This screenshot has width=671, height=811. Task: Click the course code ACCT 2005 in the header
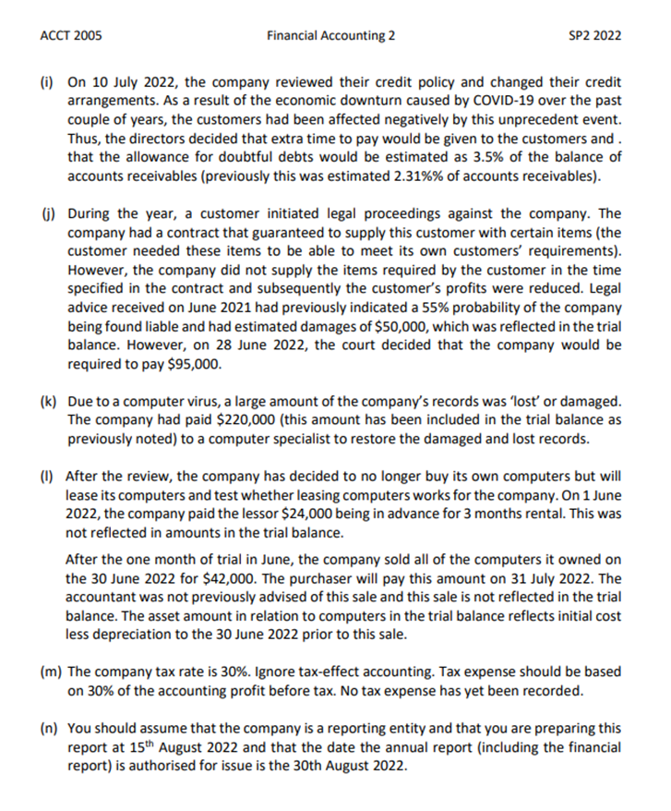click(72, 36)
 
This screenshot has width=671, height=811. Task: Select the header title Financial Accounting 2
click(330, 36)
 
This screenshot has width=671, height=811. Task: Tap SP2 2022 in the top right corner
click(597, 36)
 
